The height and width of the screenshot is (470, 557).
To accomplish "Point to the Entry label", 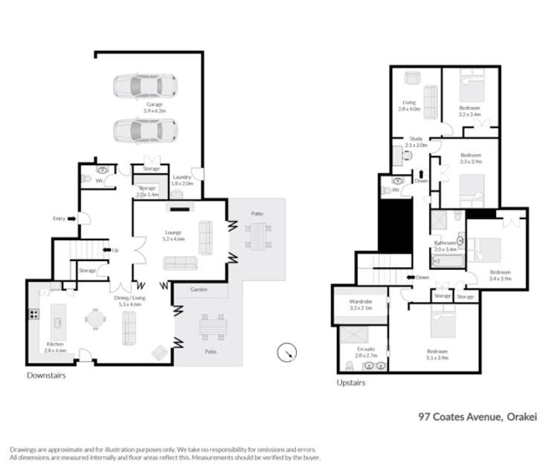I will pos(59,218).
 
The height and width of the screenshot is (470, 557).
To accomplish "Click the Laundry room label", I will pos(182,180).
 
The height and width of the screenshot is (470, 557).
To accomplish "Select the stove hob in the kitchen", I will pos(34,315).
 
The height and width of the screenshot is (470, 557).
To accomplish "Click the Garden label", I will pos(198,289).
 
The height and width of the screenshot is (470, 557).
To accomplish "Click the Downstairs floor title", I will pos(46,376).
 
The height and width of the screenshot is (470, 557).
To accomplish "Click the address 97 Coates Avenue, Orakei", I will pos(476,418).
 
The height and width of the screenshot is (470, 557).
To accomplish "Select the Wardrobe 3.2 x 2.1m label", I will pos(359,305).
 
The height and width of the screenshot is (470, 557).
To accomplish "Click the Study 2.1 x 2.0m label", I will pos(417,142).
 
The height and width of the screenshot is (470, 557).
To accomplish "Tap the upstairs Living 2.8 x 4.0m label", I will pos(409,106).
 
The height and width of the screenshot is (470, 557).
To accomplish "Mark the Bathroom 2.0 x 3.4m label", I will pos(445,247).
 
